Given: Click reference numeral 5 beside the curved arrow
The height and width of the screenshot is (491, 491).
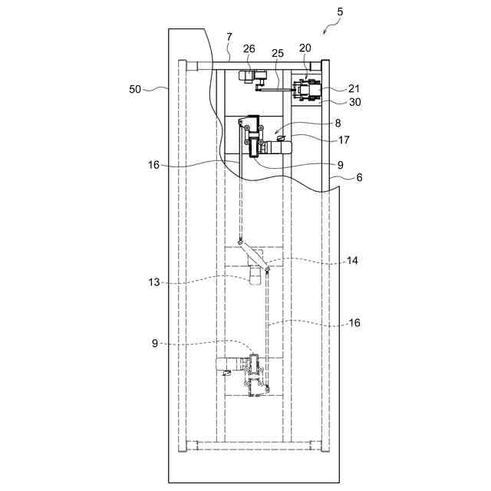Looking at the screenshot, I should pos(340,12).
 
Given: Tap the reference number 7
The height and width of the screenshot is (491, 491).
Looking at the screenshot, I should pos(229,37).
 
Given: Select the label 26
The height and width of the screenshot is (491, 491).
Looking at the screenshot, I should pos(249,48).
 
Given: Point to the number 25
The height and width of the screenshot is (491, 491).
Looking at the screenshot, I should pos(278,53).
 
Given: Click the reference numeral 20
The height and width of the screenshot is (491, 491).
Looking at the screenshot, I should pos(305,48).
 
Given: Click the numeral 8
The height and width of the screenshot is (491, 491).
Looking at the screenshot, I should pos(338,122).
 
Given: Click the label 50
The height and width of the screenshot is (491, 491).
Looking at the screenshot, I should pos(135,89).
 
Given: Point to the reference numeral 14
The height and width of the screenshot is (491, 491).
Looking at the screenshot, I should pos(352,261).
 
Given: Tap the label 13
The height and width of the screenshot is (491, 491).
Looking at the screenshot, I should pos(154,282).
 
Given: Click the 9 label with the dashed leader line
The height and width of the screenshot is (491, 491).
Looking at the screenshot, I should pos(155,343).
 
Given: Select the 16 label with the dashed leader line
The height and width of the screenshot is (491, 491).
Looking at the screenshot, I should pos(354,323).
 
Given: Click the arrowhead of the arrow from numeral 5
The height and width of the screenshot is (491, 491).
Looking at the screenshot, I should pos(326,33).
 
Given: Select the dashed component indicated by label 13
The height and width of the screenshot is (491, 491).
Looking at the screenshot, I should pos(254,275).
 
